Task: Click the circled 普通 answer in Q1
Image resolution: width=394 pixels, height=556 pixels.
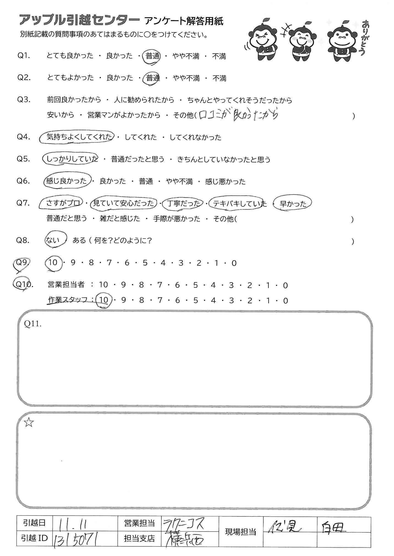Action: [153, 56]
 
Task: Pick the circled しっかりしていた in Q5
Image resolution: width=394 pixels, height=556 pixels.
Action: [71, 159]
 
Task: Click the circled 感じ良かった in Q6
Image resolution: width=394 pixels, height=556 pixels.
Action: [67, 181]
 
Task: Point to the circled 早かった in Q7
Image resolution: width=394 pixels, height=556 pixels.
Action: [293, 204]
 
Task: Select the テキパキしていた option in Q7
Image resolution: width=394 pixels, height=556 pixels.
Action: [237, 204]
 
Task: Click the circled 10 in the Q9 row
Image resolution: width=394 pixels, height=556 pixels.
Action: [53, 263]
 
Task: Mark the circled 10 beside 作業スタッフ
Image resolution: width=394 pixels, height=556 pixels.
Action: [104, 300]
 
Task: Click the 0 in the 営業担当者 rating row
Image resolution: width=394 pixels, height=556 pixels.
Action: [285, 285]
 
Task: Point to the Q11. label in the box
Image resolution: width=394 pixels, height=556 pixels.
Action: [33, 324]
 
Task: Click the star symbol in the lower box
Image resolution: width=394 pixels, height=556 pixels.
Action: [29, 423]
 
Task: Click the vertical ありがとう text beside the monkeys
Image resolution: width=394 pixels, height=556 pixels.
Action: [363, 38]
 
